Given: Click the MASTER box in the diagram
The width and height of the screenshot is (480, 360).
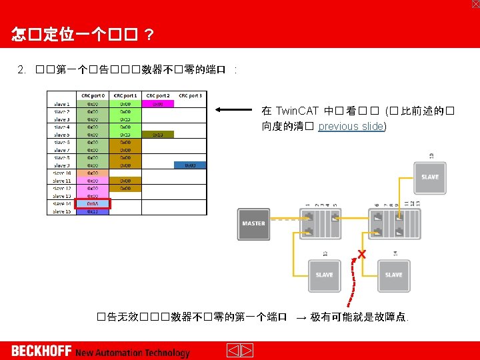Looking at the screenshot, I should click(x=253, y=223).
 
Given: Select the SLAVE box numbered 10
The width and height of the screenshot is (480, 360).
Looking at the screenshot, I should click(x=430, y=177).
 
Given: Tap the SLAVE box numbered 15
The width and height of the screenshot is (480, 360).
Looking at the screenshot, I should click(x=325, y=274).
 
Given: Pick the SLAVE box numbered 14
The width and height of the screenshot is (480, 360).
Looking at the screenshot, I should click(x=394, y=274).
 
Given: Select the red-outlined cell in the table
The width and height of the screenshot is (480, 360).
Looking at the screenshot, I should click(x=93, y=204).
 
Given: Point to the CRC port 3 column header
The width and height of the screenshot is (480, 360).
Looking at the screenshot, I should click(x=191, y=96).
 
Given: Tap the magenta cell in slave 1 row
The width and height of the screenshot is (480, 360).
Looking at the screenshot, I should click(x=158, y=104).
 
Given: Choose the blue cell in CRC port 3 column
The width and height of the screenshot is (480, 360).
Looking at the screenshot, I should click(x=190, y=165).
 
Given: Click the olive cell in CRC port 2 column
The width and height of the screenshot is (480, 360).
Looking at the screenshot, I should click(x=158, y=134).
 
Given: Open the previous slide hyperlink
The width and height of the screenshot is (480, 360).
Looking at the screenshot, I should click(x=351, y=126).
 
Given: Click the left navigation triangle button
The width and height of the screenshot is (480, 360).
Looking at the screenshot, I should click(x=233, y=351).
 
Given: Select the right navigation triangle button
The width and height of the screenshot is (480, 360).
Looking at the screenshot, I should click(x=246, y=351).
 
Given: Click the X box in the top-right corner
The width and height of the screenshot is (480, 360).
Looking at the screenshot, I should click(x=475, y=4).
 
